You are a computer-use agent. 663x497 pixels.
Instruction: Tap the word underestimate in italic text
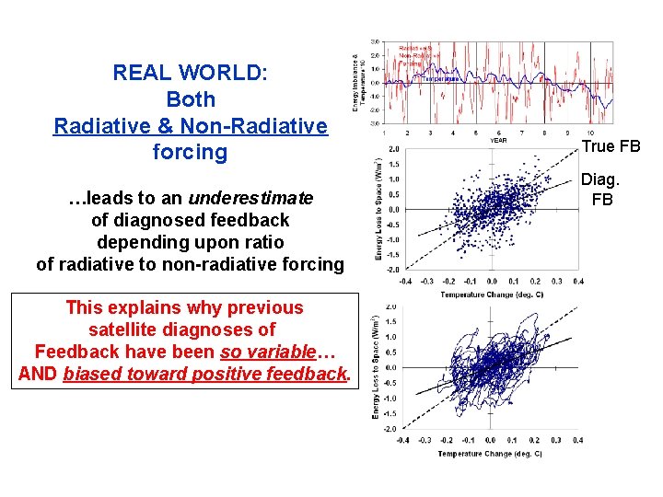tap(250, 198)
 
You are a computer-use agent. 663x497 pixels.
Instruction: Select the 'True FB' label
tap(611, 146)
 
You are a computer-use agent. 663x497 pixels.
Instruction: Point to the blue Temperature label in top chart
tap(440, 79)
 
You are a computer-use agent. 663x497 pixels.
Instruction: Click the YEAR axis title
tap(498, 140)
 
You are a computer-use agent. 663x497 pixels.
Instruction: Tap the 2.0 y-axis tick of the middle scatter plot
tap(394, 148)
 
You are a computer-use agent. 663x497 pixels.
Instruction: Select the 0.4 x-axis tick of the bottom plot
tap(577, 440)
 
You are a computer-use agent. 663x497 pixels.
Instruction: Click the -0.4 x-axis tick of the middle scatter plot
tap(403, 282)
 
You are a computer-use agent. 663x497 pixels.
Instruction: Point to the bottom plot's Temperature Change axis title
tap(489, 454)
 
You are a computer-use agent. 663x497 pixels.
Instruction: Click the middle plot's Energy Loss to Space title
tap(378, 210)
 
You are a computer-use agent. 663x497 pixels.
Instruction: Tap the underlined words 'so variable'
tap(267, 352)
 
